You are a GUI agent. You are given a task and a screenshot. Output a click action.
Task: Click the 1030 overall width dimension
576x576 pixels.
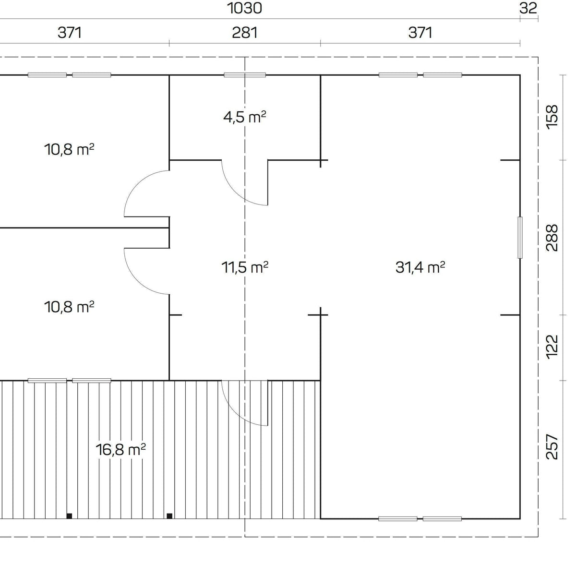244,8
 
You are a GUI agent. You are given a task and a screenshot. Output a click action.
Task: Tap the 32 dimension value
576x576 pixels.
528,8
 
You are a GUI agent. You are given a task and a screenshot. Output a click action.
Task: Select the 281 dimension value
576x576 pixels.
244,33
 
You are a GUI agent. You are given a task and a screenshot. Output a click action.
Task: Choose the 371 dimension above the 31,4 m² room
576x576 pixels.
420,33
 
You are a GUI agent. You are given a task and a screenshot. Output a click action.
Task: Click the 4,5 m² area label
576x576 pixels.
244,117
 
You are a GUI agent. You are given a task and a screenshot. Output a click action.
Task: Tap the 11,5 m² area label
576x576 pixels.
244,267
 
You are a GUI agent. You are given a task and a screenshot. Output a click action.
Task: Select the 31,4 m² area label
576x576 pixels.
420,267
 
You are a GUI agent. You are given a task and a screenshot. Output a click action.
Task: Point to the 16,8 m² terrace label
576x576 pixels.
121,450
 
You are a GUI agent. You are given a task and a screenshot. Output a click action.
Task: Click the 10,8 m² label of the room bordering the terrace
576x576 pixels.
69,306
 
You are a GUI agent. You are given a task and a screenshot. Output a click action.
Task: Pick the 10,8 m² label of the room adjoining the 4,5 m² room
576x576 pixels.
69,149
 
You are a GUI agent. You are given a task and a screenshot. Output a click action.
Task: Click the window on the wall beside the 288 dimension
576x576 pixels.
520,238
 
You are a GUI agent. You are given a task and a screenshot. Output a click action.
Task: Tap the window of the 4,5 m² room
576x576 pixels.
244,75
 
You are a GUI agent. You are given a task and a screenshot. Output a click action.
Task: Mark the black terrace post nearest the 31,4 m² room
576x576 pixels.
169,516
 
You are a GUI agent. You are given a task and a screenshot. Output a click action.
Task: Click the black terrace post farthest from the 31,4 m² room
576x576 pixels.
69,516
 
